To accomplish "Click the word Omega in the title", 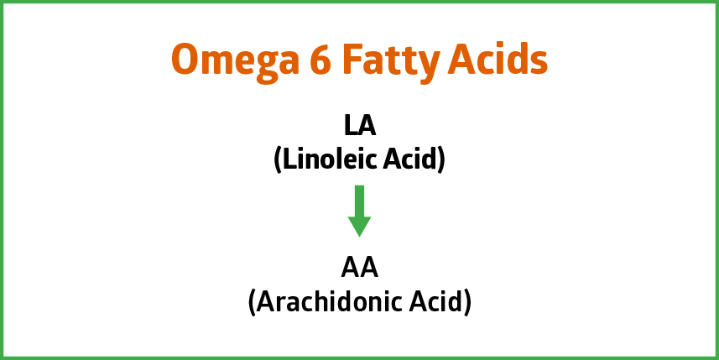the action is [235, 63].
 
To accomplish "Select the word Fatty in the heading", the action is [389, 63].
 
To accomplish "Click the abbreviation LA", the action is [360, 126].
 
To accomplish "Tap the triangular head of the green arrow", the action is [359, 226].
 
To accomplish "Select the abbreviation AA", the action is [359, 269].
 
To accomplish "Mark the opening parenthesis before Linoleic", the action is [278, 161].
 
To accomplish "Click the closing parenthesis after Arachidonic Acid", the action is [467, 304].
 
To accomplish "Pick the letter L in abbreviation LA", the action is [350, 126].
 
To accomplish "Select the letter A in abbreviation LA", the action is [367, 126].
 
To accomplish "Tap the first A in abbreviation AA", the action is [351, 269].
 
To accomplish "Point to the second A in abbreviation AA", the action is [369, 269].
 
